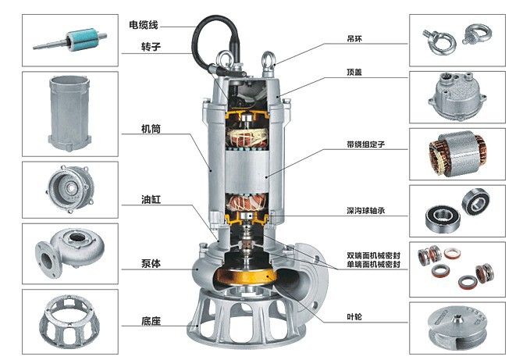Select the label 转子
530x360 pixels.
[x=151, y=47]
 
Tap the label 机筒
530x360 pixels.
[x=151, y=128]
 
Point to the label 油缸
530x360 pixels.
[x=151, y=199]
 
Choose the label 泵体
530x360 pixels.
[x=151, y=264]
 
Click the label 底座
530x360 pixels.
[x=151, y=320]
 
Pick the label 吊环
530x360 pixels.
[x=355, y=37]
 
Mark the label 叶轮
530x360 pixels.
[x=355, y=317]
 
